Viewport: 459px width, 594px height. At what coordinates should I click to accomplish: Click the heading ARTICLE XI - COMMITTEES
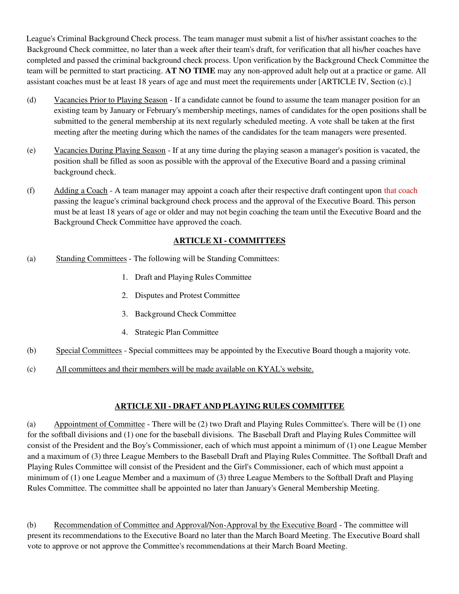point(229,241)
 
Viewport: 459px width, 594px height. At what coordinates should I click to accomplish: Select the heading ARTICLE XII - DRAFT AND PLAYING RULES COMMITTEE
point(229,406)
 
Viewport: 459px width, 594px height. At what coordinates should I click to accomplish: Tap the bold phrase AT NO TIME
point(190,71)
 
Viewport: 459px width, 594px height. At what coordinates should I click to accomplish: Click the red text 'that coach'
point(401,191)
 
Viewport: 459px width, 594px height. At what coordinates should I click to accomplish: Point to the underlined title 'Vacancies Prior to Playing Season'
point(110,100)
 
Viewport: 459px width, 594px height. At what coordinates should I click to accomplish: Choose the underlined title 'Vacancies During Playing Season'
point(110,150)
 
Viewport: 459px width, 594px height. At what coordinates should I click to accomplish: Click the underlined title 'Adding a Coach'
point(81,191)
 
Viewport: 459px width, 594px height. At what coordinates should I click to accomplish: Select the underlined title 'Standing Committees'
point(91,259)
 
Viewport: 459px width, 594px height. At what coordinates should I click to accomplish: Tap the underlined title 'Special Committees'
point(89,351)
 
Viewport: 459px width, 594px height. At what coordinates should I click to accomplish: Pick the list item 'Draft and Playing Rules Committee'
point(193,277)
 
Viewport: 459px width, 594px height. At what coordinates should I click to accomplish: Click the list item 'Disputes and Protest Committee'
point(187,295)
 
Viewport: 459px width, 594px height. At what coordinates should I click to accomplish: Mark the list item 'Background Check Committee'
point(185,314)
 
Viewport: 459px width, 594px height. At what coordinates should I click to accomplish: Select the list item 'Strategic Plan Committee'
point(177,332)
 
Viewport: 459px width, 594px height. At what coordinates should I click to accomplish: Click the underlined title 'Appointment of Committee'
point(99,424)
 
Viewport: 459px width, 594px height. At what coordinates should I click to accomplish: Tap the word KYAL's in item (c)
point(269,369)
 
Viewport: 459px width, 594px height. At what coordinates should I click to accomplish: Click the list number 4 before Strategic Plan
point(125,332)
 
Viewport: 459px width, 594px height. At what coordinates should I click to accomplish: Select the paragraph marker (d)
point(31,100)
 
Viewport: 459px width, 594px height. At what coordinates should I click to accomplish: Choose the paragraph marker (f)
point(31,191)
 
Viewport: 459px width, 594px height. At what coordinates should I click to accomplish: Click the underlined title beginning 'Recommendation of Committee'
point(195,525)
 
